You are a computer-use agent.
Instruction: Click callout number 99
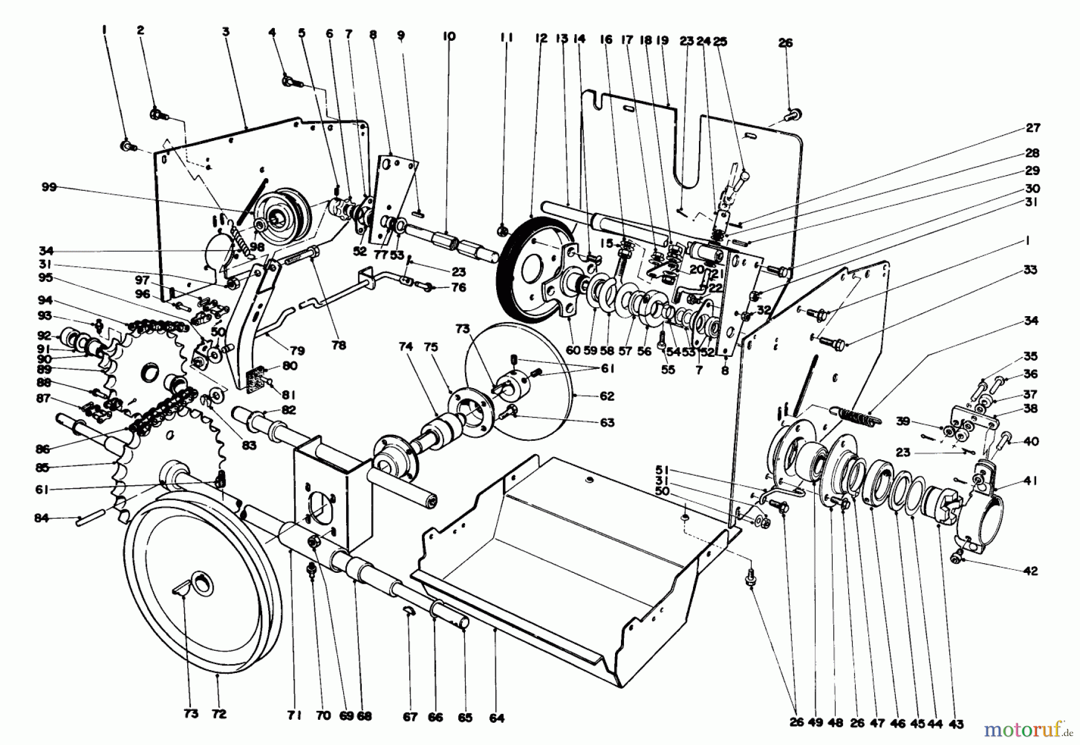[49, 188]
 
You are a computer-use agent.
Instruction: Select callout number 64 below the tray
[497, 717]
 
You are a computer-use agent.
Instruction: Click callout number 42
[1030, 571]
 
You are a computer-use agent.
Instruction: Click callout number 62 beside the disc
[607, 396]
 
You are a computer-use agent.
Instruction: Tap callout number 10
[449, 37]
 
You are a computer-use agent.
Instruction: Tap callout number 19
[662, 41]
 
